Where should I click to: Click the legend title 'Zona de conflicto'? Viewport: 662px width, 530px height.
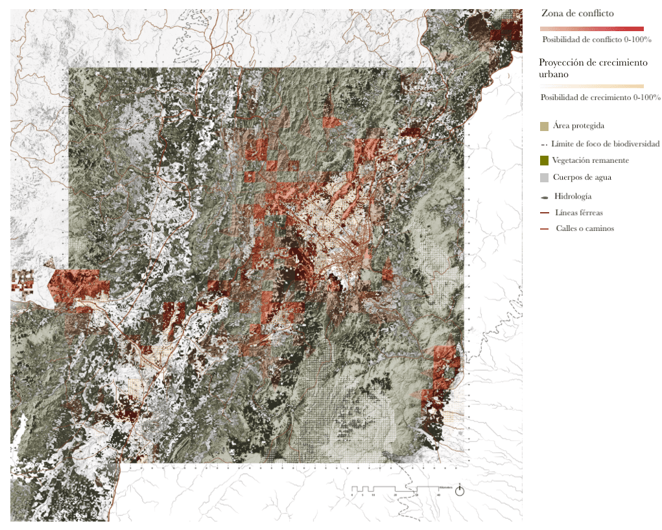[x=577, y=13]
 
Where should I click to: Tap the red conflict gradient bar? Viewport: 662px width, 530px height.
[x=591, y=29]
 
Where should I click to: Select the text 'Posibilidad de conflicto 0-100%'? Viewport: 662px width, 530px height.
[x=597, y=40]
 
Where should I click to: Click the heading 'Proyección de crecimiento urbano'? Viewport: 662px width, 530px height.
[x=593, y=68]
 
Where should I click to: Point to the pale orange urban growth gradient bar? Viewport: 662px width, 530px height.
[x=591, y=86]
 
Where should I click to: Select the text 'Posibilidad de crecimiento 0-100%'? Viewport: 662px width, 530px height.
[x=600, y=97]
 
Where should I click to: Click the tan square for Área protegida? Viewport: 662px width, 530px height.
[x=545, y=126]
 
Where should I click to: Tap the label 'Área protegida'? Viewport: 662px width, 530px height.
[x=579, y=125]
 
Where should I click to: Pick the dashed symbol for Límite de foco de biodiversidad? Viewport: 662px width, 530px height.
[x=544, y=144]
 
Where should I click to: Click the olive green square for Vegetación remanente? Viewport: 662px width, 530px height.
[x=545, y=160]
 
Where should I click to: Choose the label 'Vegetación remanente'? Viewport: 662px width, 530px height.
[x=590, y=160]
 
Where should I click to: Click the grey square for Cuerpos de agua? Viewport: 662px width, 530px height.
[x=545, y=177]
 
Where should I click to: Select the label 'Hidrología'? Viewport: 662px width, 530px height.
[x=573, y=196]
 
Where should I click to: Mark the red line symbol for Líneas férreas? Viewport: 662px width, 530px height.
[x=545, y=213]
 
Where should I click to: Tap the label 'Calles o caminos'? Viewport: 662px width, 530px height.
[x=585, y=228]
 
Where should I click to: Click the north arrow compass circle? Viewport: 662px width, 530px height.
[x=460, y=491]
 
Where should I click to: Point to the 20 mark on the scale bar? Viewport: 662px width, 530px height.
[x=395, y=494]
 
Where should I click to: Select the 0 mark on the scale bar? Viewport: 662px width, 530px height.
[x=352, y=494]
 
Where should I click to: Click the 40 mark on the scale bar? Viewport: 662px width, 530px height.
[x=438, y=494]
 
